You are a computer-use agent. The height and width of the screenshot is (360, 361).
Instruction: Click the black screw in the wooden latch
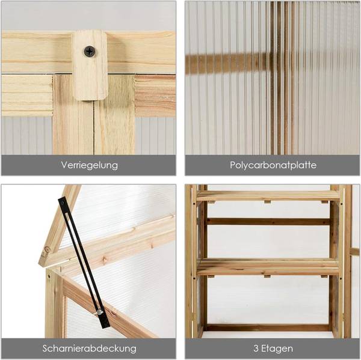pyautogui.click(x=89, y=52)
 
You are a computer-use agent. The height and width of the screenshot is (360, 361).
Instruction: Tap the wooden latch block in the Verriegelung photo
pyautogui.click(x=90, y=72)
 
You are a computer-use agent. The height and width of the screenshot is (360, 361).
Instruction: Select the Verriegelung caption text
pyautogui.click(x=89, y=165)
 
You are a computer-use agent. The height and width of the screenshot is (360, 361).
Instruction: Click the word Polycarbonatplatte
pyautogui.click(x=273, y=165)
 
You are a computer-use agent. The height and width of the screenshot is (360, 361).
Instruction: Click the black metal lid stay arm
pyautogui.click(x=81, y=258)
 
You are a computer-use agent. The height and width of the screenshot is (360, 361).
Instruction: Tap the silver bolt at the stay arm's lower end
pyautogui.click(x=98, y=312)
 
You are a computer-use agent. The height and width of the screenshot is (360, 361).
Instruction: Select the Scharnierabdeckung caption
pyautogui.click(x=89, y=348)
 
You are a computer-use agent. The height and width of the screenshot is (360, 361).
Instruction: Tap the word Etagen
pyautogui.click(x=277, y=348)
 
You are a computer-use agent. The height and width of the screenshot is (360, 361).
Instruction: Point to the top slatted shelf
pyautogui.click(x=268, y=195)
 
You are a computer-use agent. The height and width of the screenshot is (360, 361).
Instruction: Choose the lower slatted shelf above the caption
pyautogui.click(x=268, y=266)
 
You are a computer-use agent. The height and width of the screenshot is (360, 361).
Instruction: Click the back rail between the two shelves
pyautogui.click(x=268, y=221)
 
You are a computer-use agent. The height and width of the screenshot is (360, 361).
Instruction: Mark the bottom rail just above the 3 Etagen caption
pyautogui.click(x=268, y=328)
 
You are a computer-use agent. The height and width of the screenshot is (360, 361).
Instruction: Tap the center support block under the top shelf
pyautogui.click(x=267, y=203)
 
